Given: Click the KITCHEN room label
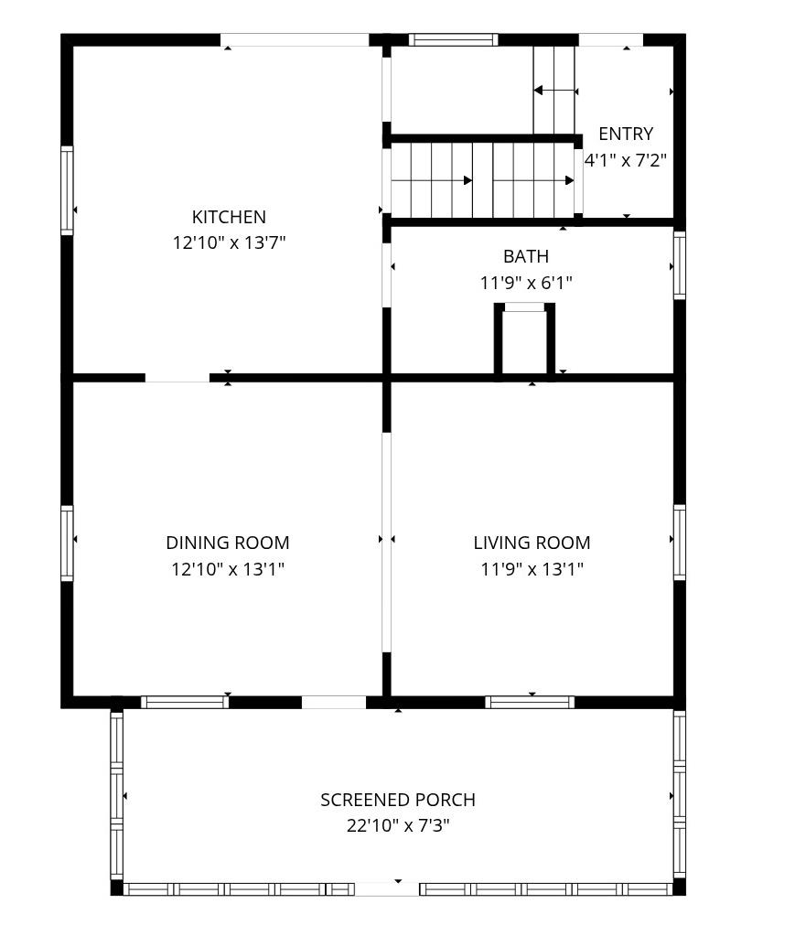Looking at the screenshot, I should [229, 217].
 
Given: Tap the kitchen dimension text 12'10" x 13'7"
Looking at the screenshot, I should [229, 243].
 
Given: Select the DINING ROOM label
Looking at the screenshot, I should [228, 543].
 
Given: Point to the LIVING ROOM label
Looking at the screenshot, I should [532, 543].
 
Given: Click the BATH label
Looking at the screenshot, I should [526, 256].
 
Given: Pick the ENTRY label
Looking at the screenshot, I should [626, 135].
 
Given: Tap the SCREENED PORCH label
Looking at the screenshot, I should [398, 800].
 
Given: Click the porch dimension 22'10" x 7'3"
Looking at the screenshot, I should [398, 826].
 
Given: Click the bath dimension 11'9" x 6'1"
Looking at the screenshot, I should [526, 283].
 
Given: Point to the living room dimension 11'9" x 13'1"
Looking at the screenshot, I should [532, 569].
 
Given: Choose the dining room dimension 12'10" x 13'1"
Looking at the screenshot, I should [228, 569].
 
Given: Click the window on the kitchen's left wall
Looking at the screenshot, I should [67, 190].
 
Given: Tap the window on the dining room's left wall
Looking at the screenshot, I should [67, 543].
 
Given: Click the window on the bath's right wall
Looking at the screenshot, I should [680, 265].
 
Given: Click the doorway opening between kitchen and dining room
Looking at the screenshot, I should [177, 377].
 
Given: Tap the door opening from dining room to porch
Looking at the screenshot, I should [334, 703].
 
